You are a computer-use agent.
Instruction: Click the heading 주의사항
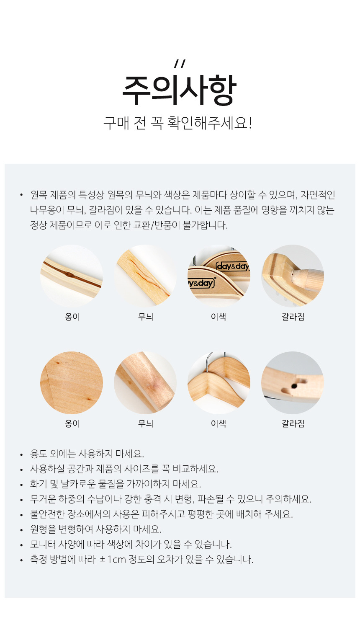tap(179, 90)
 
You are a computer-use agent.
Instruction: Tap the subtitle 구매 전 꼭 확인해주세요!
tap(177, 123)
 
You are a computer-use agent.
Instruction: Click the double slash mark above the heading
tap(180, 64)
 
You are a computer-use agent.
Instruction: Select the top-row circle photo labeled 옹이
tap(72, 276)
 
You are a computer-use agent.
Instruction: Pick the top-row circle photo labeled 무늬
tap(145, 276)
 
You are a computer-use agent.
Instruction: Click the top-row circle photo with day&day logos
tap(219, 276)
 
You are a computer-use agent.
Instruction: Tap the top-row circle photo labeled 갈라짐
tap(293, 276)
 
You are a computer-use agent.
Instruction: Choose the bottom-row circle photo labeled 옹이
tap(72, 383)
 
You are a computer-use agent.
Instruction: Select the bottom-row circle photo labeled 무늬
tap(145, 383)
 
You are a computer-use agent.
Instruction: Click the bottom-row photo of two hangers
tap(219, 383)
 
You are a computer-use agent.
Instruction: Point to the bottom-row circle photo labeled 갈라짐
tap(293, 383)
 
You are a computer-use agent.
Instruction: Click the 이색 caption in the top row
tap(219, 317)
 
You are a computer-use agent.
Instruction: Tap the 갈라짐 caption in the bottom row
tap(293, 423)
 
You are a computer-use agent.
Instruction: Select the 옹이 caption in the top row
tap(72, 317)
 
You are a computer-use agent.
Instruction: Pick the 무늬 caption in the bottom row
tap(146, 423)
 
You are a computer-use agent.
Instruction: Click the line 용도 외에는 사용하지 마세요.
tap(87, 454)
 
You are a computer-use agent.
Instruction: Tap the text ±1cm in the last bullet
tap(113, 559)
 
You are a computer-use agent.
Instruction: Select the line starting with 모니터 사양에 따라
tap(131, 544)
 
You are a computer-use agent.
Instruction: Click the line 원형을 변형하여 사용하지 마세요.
tap(96, 529)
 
